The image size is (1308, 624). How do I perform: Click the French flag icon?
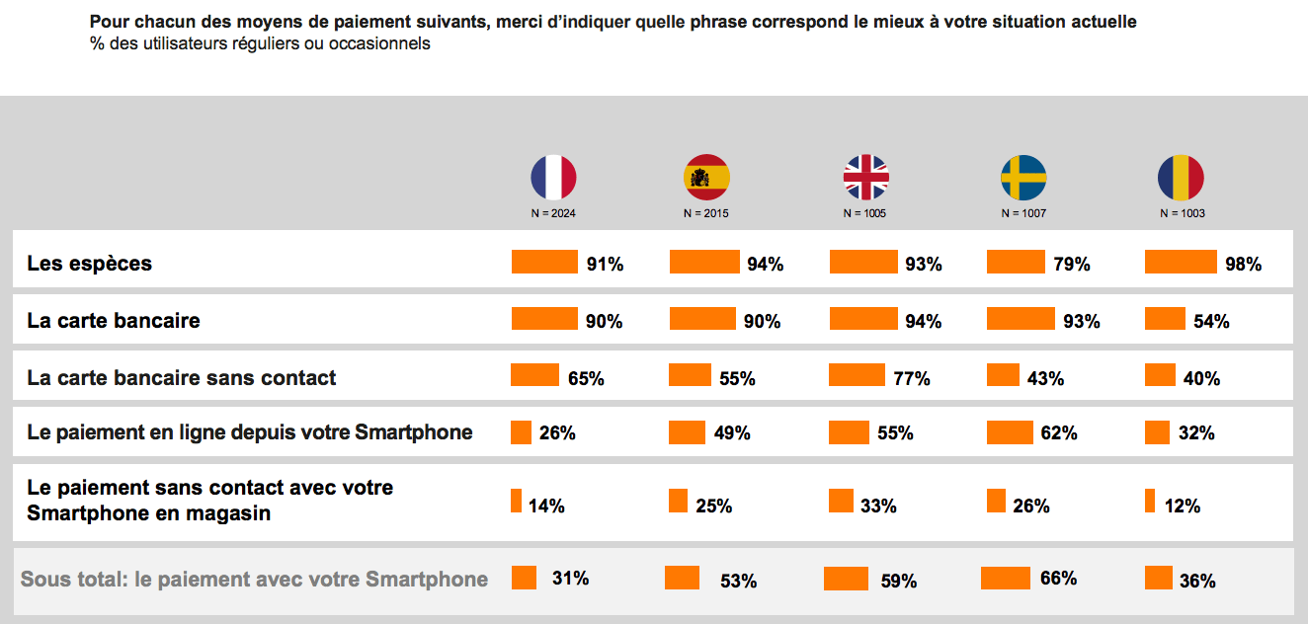point(553,178)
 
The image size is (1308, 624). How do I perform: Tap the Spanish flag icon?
point(706,178)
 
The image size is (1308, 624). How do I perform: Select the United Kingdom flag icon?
point(865,178)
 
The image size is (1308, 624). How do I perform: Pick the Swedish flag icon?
point(1023,178)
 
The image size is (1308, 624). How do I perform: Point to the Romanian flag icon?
point(1181,178)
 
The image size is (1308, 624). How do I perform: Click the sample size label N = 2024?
point(553,213)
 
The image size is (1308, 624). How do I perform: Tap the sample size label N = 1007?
point(1023,213)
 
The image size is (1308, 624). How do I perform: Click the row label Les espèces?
point(90,264)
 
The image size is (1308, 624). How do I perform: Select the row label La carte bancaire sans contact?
point(182,378)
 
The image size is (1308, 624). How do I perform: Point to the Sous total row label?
point(255,580)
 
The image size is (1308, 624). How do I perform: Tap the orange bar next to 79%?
point(1016,262)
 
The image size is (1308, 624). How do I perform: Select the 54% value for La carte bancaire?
point(1210,321)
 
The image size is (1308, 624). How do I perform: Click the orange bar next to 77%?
point(857,375)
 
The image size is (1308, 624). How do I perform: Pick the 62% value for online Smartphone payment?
point(1058,433)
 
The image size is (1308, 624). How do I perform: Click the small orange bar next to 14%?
point(516,501)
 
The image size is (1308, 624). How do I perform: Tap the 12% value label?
point(1182,506)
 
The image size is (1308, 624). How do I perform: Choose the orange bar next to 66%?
point(1006,578)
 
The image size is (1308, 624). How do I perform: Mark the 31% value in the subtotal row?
point(570,579)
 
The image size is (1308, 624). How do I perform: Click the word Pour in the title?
point(108,22)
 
